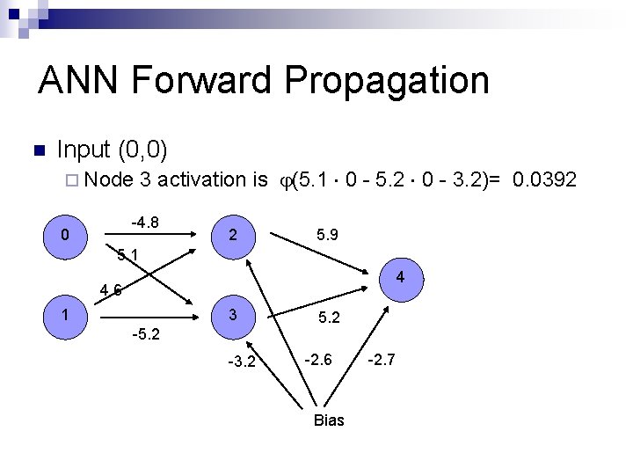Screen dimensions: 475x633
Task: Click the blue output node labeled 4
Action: [x=399, y=279]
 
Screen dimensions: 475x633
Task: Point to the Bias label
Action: [x=329, y=420]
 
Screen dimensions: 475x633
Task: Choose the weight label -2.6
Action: [x=317, y=359]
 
